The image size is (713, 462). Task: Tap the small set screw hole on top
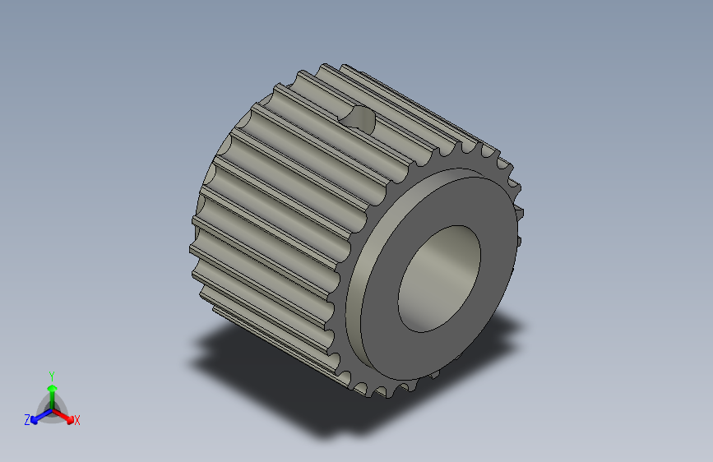tap(359, 120)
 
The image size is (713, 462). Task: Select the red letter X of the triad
tap(77, 420)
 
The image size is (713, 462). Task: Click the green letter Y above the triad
tap(51, 375)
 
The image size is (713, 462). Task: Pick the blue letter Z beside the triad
tap(27, 419)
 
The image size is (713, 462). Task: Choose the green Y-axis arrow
tap(51, 391)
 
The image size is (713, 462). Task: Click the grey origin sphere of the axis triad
tap(51, 409)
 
